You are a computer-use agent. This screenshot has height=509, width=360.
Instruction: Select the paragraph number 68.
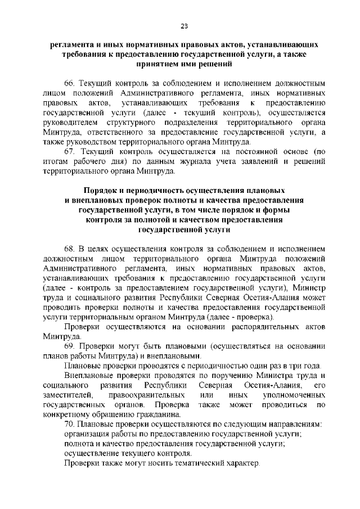70,247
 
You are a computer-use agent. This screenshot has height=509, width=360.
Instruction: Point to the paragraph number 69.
70,345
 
